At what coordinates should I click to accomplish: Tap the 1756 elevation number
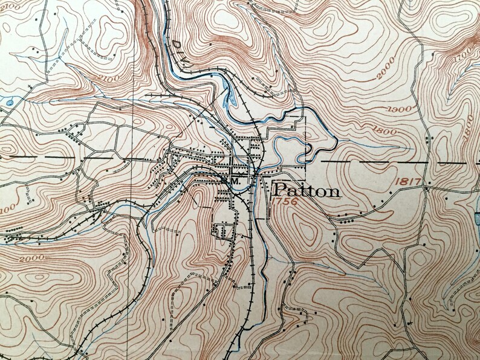[285, 204]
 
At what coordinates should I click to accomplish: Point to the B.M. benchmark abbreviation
[231, 180]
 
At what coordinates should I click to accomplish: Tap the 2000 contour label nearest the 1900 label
[385, 75]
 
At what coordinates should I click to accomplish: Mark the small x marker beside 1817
[427, 188]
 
